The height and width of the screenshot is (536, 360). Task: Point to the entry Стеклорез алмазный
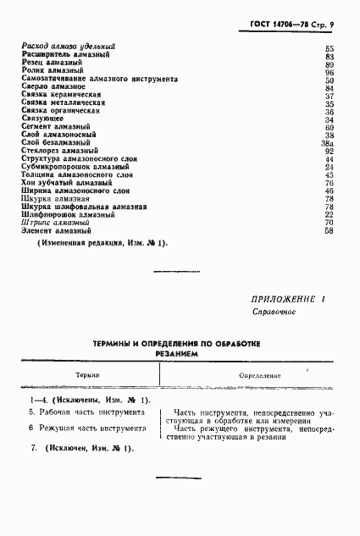click(x=61, y=150)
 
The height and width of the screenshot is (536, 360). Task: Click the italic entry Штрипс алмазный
click(x=55, y=222)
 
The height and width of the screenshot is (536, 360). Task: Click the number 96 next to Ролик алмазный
click(x=330, y=71)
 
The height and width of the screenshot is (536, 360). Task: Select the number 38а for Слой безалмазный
click(x=329, y=143)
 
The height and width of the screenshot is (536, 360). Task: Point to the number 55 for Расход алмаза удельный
click(x=330, y=47)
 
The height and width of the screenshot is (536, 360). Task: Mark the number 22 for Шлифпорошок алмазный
click(x=330, y=214)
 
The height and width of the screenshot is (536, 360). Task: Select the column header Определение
click(x=259, y=373)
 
